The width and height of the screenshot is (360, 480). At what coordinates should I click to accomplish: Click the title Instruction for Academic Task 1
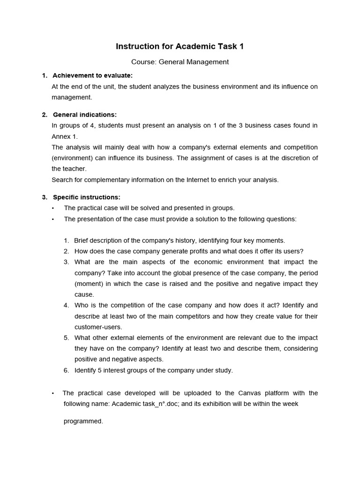tap(180, 46)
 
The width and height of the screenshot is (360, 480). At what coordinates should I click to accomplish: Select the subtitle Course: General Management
tap(180, 61)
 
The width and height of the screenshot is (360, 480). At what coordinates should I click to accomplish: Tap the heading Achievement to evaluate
tap(93, 75)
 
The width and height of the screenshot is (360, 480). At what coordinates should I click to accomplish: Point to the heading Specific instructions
tap(87, 197)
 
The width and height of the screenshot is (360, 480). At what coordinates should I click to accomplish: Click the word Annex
tap(60, 136)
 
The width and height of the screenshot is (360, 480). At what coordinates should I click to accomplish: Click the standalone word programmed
tap(83, 421)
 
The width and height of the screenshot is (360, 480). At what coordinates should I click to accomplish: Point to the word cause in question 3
tap(84, 294)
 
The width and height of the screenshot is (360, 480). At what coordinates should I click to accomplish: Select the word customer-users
tap(97, 327)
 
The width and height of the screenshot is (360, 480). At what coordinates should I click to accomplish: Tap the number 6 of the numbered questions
tap(66, 370)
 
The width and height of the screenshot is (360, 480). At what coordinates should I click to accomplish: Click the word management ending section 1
tap(71, 97)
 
